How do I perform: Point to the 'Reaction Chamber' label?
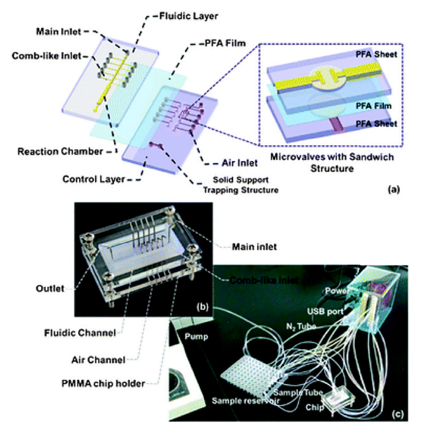coord(60,151)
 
